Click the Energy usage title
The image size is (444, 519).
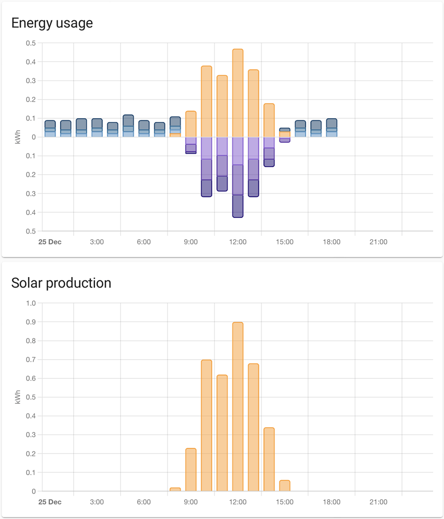coord(52,23)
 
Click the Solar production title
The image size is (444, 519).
coord(61,283)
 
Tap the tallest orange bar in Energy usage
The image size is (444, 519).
coord(238,93)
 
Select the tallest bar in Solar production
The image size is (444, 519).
coord(238,407)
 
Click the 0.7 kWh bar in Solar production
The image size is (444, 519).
coord(206,426)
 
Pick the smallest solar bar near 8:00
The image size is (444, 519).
coord(175,489)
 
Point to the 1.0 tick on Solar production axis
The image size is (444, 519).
coord(31,303)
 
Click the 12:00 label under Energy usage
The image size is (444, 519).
coord(238,242)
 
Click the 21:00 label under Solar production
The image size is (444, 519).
coord(378,502)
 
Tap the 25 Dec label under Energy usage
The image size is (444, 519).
coord(50,242)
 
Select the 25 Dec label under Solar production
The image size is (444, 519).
coord(50,502)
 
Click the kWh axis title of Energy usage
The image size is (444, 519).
coord(18,137)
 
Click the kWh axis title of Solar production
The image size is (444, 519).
coord(18,397)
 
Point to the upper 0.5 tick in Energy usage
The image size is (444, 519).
coord(31,43)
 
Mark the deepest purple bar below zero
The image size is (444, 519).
coord(238,176)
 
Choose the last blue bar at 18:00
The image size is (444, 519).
coord(331,128)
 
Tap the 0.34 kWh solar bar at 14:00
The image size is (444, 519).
coord(269,459)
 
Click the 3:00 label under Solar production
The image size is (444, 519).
coord(96,502)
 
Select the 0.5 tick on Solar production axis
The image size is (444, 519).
coord(31,397)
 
